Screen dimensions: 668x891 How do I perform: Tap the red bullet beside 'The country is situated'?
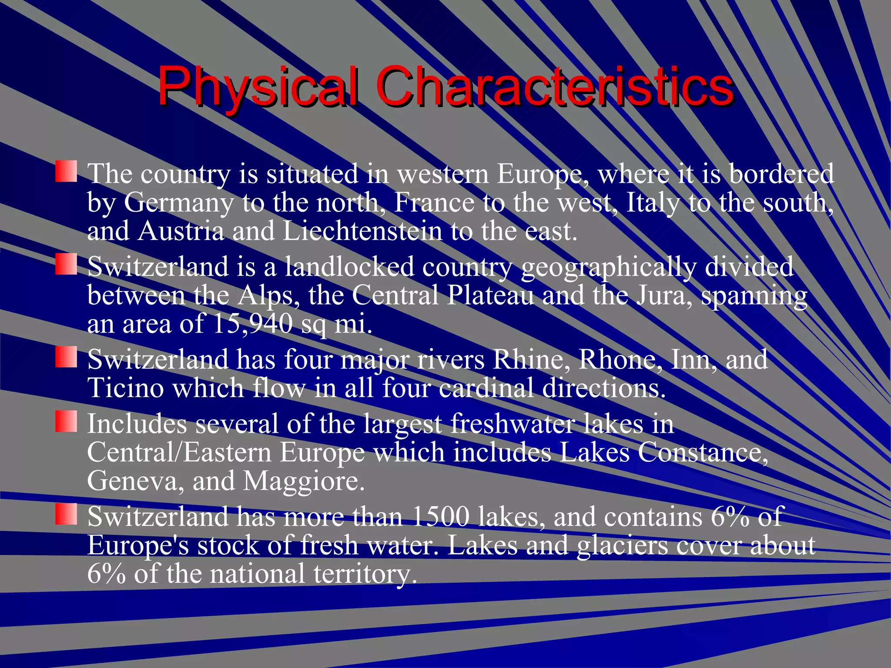[66, 171]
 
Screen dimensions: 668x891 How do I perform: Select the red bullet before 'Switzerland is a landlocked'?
[66, 264]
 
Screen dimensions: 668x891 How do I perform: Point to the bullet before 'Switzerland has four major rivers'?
[66, 357]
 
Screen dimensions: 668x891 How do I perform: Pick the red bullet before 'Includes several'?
[66, 421]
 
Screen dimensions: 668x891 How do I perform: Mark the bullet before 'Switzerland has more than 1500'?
[66, 514]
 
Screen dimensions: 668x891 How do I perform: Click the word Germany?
[179, 203]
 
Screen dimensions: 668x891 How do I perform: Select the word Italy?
[653, 203]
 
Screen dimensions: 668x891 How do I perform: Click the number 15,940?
[253, 324]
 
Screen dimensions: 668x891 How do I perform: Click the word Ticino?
[126, 388]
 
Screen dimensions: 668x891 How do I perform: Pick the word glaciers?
[622, 545]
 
